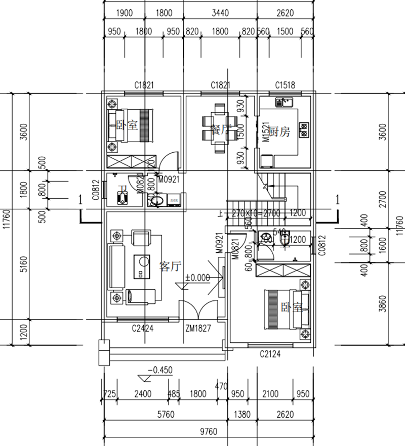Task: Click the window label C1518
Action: click(x=285, y=85)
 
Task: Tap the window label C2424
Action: click(x=143, y=328)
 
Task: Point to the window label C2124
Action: click(x=270, y=353)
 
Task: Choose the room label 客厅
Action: click(x=171, y=267)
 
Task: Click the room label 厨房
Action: click(x=279, y=132)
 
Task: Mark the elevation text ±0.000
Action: click(x=197, y=278)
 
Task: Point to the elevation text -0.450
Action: click(x=160, y=370)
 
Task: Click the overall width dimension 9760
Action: click(x=209, y=431)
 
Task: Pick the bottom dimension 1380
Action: click(x=240, y=415)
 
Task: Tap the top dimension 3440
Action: click(x=221, y=13)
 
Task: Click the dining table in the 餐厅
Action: click(x=220, y=128)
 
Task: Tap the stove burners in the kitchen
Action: click(x=303, y=129)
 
